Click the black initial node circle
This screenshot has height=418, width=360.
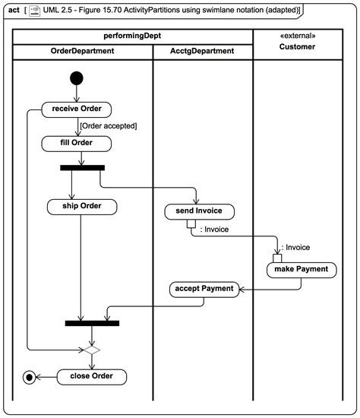coord(77,77)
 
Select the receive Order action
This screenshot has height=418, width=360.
coord(77,109)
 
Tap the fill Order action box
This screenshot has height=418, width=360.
coord(77,143)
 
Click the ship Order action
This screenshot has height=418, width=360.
coord(81,206)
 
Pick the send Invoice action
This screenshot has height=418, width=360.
coord(199,211)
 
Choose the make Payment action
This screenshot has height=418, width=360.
coord(302,270)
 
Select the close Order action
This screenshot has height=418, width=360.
coord(93,375)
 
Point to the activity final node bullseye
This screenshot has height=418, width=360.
coord(30,375)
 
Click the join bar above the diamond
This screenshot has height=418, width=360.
coord(92,323)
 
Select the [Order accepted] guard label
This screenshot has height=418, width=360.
coord(109,125)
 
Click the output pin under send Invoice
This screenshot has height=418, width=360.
coord(191,223)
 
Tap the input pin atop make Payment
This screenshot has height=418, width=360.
coord(278,258)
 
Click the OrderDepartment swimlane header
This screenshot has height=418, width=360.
coord(82,51)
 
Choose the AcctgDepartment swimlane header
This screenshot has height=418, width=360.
coord(202,51)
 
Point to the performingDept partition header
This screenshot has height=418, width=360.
coord(132,36)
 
